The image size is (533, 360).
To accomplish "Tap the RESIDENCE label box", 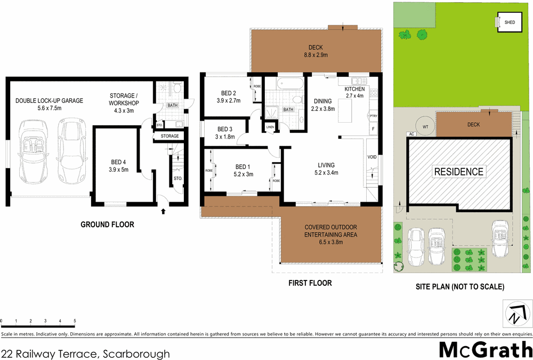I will [459, 172].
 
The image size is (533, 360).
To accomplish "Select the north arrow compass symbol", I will [518, 314].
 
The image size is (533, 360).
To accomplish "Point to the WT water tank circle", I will [425, 126].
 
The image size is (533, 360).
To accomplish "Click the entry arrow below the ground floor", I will [163, 212].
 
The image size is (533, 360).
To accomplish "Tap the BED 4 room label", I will [116, 166].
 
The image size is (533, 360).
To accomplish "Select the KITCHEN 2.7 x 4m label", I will [354, 92].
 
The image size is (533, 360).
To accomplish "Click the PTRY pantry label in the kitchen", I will [373, 116].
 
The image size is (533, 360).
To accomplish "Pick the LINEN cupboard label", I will [270, 127].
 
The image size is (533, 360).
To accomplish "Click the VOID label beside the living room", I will [372, 157].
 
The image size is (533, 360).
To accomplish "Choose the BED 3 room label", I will [225, 133].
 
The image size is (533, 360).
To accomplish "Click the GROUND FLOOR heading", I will [107, 225].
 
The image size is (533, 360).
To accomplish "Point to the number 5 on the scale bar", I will [75, 321].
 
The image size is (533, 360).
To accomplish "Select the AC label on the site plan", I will [411, 134].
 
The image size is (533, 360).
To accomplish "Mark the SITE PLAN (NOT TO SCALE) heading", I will [459, 286].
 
